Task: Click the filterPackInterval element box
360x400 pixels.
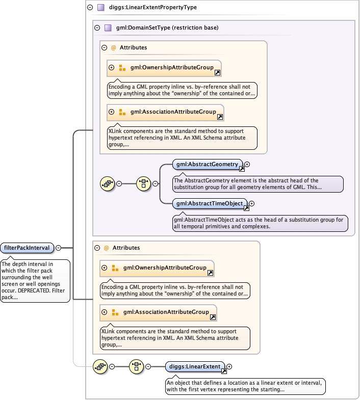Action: pos(27,248)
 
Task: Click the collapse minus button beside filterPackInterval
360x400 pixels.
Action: pos(58,248)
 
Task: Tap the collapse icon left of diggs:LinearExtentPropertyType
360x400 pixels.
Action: pos(90,8)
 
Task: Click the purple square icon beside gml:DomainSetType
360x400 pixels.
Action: pos(108,28)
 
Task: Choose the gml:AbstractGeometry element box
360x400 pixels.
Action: pos(207,164)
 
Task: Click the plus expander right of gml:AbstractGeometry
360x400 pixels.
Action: pos(247,164)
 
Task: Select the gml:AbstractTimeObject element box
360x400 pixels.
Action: pos(209,203)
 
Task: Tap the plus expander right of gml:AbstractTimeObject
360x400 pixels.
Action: pos(251,203)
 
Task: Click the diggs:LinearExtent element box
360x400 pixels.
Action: pos(194,366)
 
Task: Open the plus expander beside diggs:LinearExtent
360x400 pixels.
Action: pos(229,366)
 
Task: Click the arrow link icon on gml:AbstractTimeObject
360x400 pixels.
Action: pos(246,207)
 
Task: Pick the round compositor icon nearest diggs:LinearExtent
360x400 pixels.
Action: pos(136,366)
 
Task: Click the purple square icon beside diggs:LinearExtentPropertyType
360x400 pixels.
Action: pos(101,8)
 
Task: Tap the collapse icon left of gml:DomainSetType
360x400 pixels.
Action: pos(97,28)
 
